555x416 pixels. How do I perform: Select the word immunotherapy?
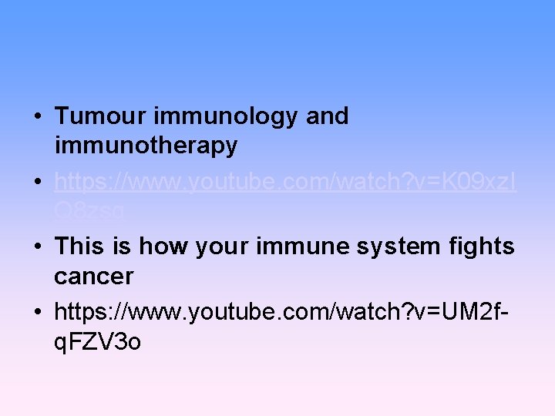(146, 146)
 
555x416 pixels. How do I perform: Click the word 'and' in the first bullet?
(328, 116)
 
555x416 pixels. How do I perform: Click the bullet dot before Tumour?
(37, 117)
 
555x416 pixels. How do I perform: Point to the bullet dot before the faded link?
(37, 182)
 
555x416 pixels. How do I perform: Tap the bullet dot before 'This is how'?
(37, 247)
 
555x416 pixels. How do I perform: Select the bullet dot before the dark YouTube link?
(37, 312)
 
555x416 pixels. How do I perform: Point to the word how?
(166, 247)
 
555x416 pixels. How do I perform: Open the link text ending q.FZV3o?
(98, 341)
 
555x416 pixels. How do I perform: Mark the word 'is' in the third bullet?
(123, 247)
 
